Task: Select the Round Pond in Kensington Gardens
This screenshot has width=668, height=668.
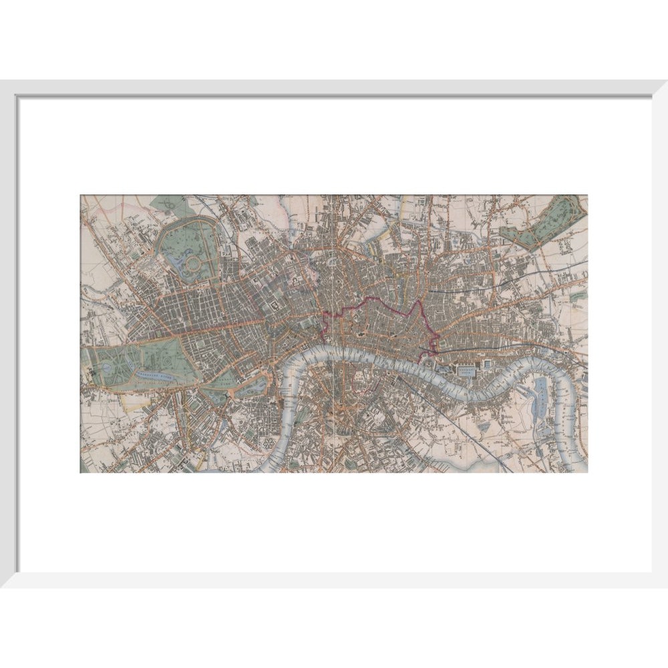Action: tap(106, 368)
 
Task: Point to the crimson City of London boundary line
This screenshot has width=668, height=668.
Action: tap(374, 304)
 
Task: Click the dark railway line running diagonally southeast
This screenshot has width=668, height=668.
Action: tap(481, 434)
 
